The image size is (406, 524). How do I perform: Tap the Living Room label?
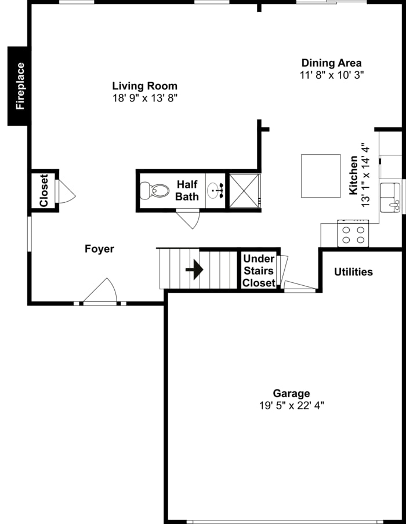(144, 86)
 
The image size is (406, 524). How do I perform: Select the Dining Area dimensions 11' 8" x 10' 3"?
(331, 75)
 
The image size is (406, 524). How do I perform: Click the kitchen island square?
(320, 176)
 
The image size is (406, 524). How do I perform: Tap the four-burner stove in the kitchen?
(353, 234)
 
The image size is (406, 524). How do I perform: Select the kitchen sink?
(390, 197)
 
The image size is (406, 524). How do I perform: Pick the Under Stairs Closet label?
(259, 271)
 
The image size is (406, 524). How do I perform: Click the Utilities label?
(353, 272)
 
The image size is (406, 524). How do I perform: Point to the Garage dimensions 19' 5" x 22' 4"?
(291, 406)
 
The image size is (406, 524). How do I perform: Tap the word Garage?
(291, 394)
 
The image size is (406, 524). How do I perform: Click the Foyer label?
(99, 249)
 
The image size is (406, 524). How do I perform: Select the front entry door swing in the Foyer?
(102, 292)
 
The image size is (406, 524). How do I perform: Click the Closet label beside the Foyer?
(43, 191)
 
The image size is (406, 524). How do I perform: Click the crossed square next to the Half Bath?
(244, 190)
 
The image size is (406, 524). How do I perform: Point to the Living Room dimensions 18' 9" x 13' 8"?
(144, 99)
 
